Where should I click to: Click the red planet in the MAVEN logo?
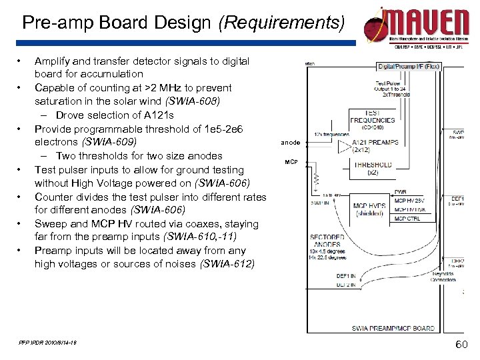(x=377, y=29)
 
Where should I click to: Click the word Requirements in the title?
(x=281, y=23)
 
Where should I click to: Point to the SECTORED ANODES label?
(x=328, y=241)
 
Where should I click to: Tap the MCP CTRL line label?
(x=407, y=219)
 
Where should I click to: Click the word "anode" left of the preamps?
(x=290, y=143)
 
